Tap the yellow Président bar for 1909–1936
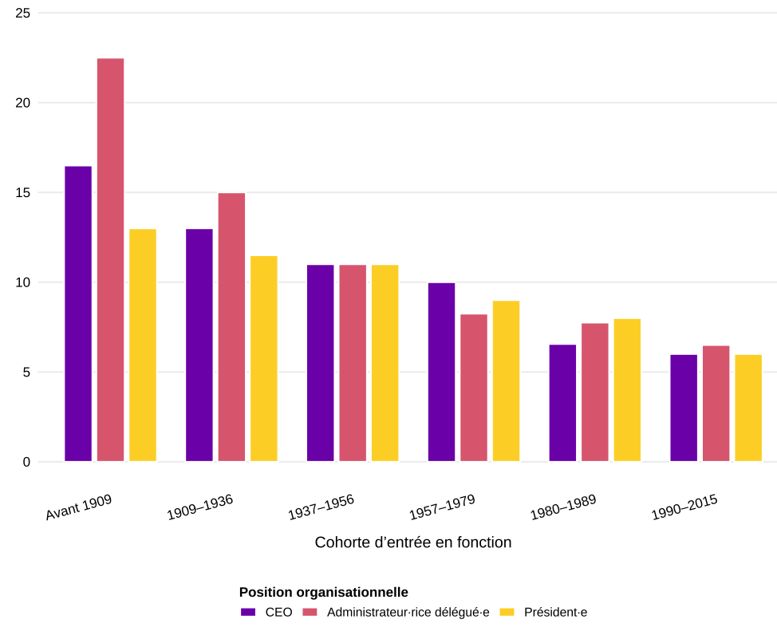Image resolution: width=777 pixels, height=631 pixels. [264, 359]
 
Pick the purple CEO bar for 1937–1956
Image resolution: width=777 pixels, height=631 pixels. [320, 363]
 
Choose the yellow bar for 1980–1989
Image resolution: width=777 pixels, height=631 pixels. [627, 390]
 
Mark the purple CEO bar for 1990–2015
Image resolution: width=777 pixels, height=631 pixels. [684, 408]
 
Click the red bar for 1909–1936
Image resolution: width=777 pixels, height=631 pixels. [231, 327]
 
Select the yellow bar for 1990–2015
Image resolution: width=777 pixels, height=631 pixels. [748, 408]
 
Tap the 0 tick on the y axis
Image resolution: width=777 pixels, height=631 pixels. [26, 462]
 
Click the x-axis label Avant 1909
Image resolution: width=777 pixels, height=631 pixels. [79, 508]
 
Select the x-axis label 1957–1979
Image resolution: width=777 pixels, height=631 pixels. [442, 508]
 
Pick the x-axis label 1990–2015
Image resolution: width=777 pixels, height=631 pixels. [684, 508]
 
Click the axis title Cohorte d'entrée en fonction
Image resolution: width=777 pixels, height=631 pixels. [412, 542]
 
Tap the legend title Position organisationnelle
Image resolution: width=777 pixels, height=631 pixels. [323, 592]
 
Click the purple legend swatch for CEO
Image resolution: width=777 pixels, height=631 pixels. [248, 613]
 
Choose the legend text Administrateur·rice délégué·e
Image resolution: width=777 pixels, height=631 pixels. [408, 613]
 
